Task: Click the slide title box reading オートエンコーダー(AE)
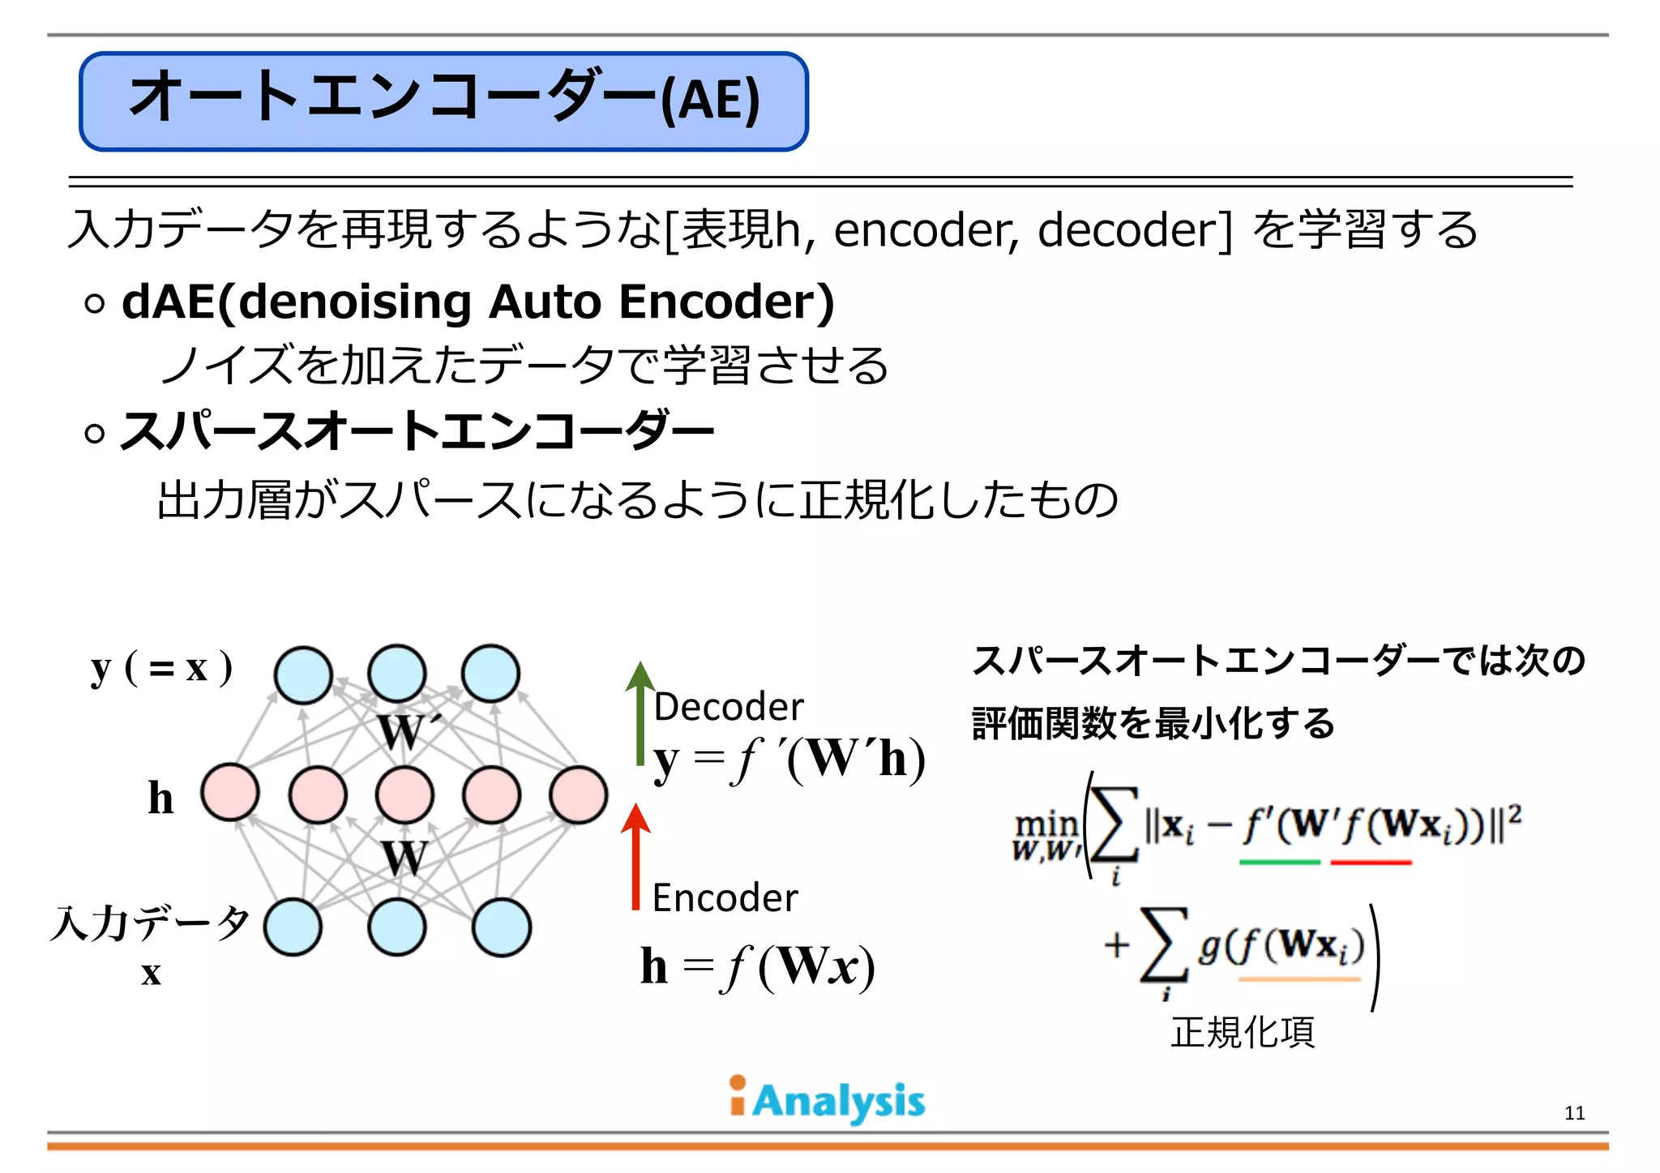[x=443, y=101]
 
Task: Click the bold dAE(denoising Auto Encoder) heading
[x=478, y=302]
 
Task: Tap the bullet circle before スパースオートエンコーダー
[x=95, y=433]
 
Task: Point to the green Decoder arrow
[x=640, y=713]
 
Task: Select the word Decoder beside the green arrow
[x=729, y=707]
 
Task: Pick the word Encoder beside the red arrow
[x=725, y=898]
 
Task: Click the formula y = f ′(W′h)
[x=789, y=760]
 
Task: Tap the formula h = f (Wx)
[x=758, y=966]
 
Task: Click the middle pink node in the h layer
[x=404, y=794]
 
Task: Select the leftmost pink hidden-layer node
[x=230, y=792]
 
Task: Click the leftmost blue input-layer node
[x=293, y=927]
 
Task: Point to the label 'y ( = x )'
[x=162, y=668]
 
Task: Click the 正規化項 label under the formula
[x=1243, y=1032]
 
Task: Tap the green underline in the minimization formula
[x=1280, y=863]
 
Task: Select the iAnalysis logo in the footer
[x=827, y=1100]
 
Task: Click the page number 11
[x=1574, y=1113]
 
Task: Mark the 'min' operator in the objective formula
[x=1046, y=825]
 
